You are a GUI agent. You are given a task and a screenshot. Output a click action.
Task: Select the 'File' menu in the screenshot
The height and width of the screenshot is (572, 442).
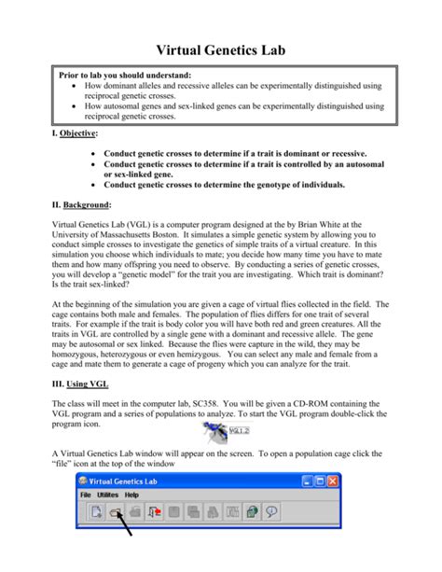pyautogui.click(x=86, y=495)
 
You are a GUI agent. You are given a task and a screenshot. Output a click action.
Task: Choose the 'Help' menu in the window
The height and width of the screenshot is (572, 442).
pyautogui.click(x=132, y=495)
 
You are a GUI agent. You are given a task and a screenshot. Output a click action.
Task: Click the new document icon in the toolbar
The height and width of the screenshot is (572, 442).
pyautogui.click(x=96, y=511)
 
